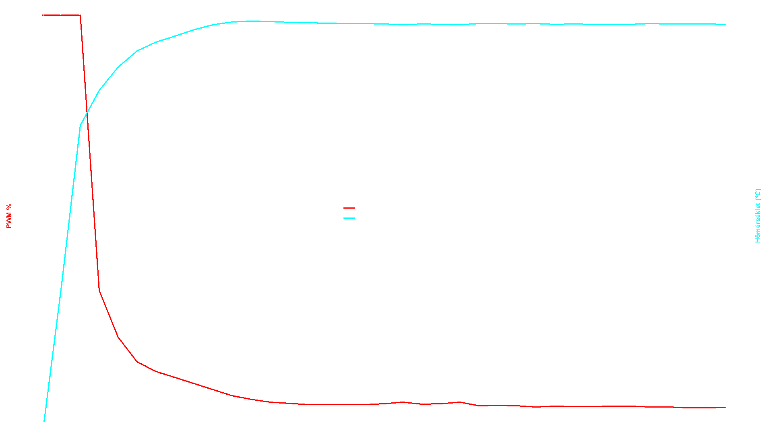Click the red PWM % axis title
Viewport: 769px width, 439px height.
pos(9,216)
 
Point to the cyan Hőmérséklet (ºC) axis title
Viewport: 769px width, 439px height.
pos(758,215)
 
